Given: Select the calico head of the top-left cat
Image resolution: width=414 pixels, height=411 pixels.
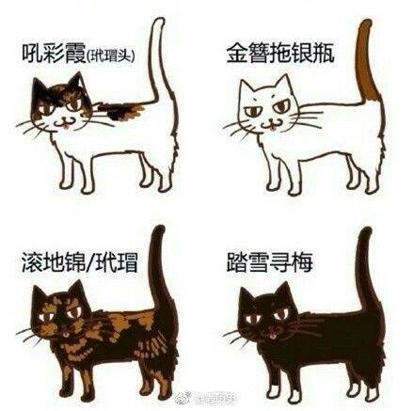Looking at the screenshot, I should click(x=58, y=108).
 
